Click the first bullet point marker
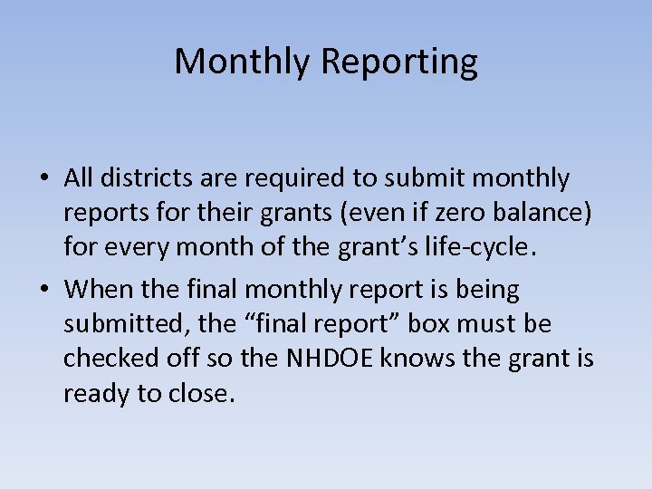[x=43, y=179]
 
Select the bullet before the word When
[x=43, y=291]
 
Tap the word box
[x=448, y=323]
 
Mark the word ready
[x=94, y=394]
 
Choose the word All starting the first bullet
[x=81, y=178]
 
